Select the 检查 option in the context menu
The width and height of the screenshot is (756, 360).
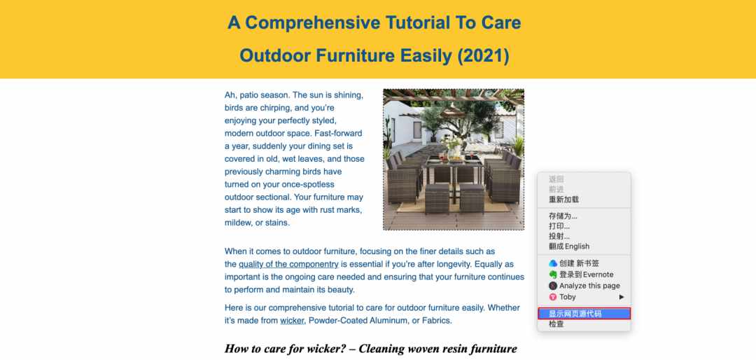coord(556,324)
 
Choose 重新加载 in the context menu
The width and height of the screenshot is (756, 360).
coord(563,200)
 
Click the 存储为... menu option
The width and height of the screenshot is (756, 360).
coord(563,216)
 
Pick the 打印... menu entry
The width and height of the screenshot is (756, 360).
coord(559,226)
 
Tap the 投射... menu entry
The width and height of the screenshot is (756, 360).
coord(559,236)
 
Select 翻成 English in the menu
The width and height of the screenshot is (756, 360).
coord(569,246)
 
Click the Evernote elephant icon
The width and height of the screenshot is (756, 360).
coord(553,275)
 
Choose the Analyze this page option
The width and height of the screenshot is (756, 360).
coord(589,286)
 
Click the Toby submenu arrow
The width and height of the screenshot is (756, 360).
coord(622,297)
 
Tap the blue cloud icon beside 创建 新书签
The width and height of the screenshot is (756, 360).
coord(553,263)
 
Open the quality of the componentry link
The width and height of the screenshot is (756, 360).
coord(288,265)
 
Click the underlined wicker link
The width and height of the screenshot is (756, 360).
coord(292,321)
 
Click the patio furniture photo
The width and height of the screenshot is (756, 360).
coord(454,159)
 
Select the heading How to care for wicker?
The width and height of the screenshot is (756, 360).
coord(285,349)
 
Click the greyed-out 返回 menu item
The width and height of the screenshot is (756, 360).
coord(556,179)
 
